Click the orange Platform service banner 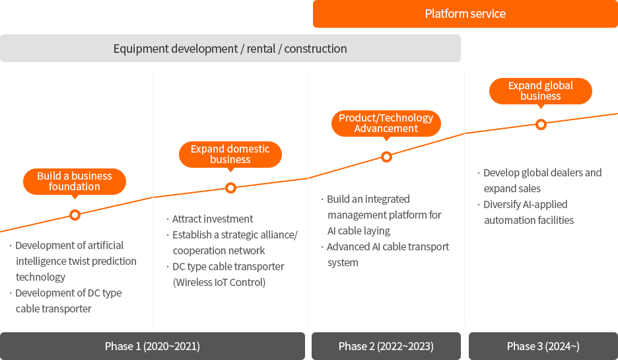tap(465, 14)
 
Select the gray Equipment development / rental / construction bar tap(230, 48)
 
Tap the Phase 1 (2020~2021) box tap(152, 346)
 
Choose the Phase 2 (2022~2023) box tap(386, 346)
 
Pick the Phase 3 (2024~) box tap(543, 346)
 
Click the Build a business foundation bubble tap(75, 182)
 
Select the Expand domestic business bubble tap(230, 154)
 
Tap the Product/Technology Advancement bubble tap(386, 124)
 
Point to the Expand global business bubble tap(540, 91)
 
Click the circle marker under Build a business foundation tap(75, 215)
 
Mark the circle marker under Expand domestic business tap(230, 188)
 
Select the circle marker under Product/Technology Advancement tap(387, 157)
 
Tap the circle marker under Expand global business tap(541, 125)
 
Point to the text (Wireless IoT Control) tap(219, 282)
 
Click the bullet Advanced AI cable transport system tap(385, 254)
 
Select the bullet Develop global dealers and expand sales tap(539, 180)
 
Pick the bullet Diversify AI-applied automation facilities tap(526, 212)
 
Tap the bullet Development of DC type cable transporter tap(65, 301)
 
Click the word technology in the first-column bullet tap(40, 277)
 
